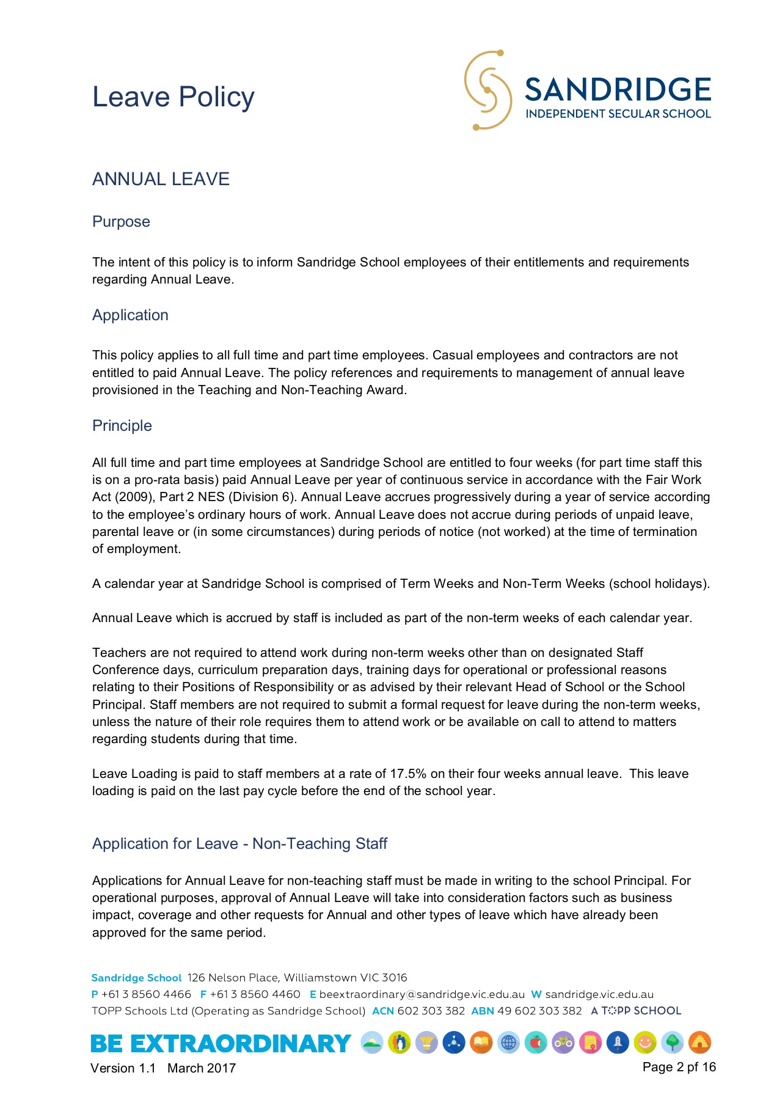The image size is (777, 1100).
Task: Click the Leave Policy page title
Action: [x=173, y=97]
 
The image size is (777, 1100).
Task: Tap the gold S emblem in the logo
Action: [x=487, y=90]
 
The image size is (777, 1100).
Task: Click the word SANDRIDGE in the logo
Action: [x=618, y=90]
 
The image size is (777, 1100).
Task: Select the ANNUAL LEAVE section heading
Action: [x=161, y=179]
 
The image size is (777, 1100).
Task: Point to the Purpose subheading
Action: [x=121, y=221]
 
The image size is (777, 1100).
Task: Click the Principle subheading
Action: [x=122, y=425]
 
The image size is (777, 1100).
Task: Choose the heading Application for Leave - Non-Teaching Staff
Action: [x=239, y=843]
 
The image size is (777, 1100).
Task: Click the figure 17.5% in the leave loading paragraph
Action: [x=408, y=774]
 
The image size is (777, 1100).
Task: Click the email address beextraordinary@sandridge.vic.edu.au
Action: [x=421, y=994]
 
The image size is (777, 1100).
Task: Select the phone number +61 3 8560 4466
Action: [x=146, y=994]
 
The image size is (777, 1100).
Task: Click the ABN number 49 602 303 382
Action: [x=539, y=1011]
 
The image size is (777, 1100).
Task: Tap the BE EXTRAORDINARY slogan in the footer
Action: [x=221, y=1043]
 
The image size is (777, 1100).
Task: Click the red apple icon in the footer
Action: [x=536, y=1043]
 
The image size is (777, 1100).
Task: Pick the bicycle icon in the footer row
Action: [x=563, y=1043]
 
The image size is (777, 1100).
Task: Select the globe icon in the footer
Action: [x=508, y=1043]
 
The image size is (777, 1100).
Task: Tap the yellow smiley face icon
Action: [x=645, y=1043]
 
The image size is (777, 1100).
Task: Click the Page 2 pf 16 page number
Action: [x=679, y=1067]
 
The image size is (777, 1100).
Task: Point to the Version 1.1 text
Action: [x=123, y=1068]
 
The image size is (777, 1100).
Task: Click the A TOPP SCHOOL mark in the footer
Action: [x=636, y=1011]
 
